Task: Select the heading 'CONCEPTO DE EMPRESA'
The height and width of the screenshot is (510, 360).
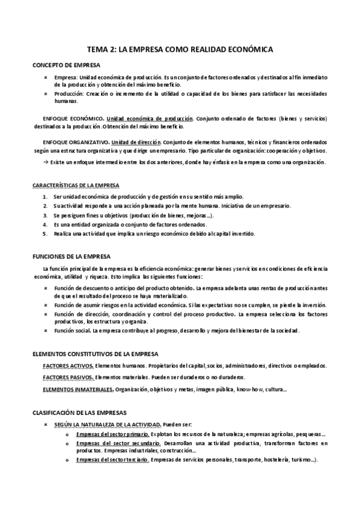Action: (66, 64)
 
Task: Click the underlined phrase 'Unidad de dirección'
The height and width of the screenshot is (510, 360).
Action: (142, 141)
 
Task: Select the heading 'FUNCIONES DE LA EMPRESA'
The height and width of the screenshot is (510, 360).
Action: (71, 256)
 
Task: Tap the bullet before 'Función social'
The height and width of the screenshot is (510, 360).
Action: (46, 330)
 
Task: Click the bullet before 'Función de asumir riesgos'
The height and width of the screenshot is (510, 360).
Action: (46, 305)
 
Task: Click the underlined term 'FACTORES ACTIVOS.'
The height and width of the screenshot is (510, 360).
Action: (68, 365)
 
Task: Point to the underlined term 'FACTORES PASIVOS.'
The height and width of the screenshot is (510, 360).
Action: (68, 377)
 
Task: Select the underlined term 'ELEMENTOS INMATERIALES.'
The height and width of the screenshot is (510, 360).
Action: (78, 389)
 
